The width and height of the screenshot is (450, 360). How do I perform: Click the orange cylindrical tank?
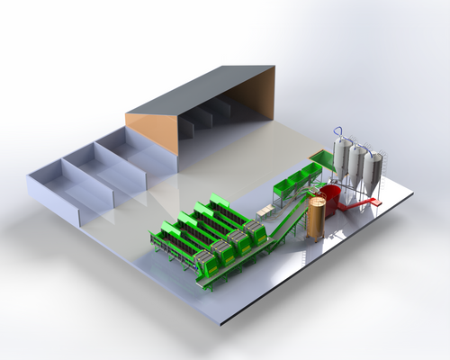tap(316, 218)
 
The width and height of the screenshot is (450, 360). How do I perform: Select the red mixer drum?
tap(331, 200)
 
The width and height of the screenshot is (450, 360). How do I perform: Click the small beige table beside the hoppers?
tap(265, 211)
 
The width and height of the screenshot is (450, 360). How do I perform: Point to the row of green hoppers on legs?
tap(292, 184)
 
